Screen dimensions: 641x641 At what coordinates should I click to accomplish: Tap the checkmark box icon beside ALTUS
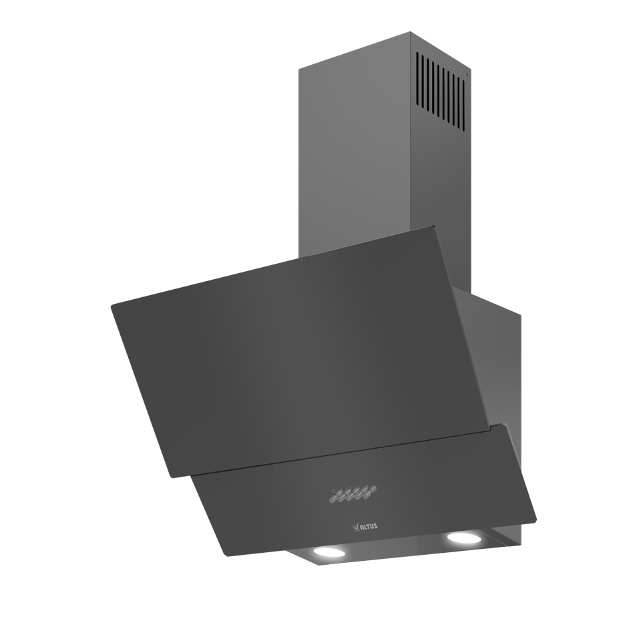click(x=355, y=527)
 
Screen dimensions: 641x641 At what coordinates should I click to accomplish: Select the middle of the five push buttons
click(x=353, y=494)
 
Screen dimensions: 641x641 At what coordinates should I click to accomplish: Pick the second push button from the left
click(x=345, y=495)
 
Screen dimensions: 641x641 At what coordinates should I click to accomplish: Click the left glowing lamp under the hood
click(x=329, y=554)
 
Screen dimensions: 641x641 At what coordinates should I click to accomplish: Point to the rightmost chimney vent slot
click(x=464, y=102)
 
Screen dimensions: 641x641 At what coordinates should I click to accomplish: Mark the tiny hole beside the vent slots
click(x=467, y=75)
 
